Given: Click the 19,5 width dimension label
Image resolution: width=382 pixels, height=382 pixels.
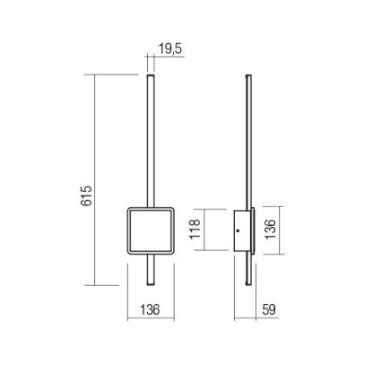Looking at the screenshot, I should (169, 49).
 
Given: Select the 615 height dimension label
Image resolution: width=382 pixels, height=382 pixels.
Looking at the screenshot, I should (87, 195).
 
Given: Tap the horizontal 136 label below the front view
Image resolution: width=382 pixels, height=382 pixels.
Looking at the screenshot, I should (150, 309).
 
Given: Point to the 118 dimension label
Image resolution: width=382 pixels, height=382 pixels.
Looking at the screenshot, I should (195, 230).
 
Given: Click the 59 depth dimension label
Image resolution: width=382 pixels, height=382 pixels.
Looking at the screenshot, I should (268, 309).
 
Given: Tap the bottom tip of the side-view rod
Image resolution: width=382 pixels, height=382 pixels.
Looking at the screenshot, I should (248, 286).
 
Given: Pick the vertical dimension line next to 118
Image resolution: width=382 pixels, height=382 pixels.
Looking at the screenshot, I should (205, 230).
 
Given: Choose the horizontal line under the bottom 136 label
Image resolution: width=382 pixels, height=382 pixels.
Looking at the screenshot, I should (150, 318).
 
